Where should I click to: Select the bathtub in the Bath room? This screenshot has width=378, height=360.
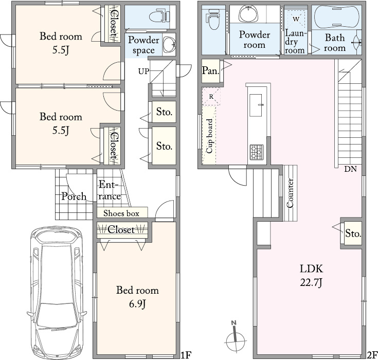pos(337,16)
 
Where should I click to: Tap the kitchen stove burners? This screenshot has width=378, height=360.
pos(257,152)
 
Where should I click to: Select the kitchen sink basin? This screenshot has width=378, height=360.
pos(256,105)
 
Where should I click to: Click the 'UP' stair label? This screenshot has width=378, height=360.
pos(143,71)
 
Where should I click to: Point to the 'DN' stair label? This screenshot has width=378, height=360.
pos(350,169)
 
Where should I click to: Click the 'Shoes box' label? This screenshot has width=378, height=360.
pos(121,213)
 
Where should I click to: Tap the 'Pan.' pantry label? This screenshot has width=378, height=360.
pos(210,70)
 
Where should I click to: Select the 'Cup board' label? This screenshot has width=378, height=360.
pos(210,136)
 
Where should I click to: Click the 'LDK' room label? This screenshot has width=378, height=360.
pos(311,268)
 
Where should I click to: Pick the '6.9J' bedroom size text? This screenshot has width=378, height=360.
pos(137,304)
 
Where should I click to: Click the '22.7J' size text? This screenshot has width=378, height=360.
pos(311,282)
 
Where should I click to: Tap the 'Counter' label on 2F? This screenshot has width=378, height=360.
pos(290,193)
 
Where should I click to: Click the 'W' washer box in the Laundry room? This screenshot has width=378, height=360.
pos(296,19)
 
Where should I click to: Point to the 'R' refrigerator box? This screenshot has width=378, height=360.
pos(211,97)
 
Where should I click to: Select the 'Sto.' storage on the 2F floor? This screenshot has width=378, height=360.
pos(353,233)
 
